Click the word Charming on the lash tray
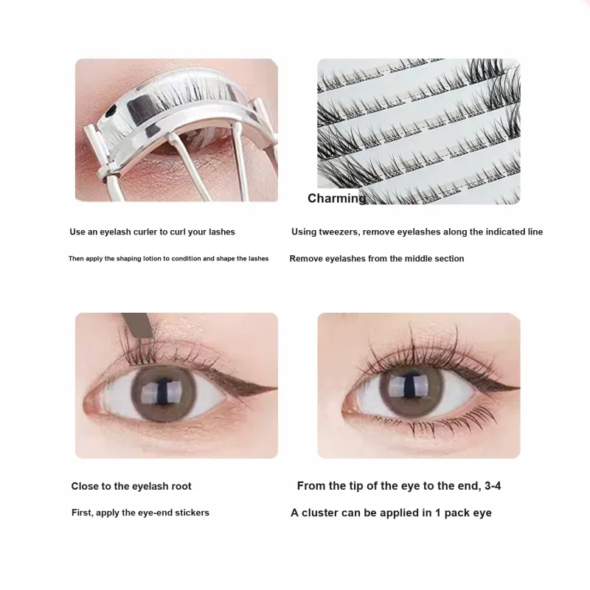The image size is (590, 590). click(x=336, y=198)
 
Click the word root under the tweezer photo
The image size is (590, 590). click(x=181, y=486)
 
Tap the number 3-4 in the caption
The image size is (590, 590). click(x=493, y=486)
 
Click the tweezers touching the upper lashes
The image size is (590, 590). click(x=138, y=324)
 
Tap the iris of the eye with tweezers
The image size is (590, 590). click(x=163, y=392)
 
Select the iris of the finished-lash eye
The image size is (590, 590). click(x=412, y=389)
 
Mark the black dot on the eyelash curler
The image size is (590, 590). click(x=111, y=111)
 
